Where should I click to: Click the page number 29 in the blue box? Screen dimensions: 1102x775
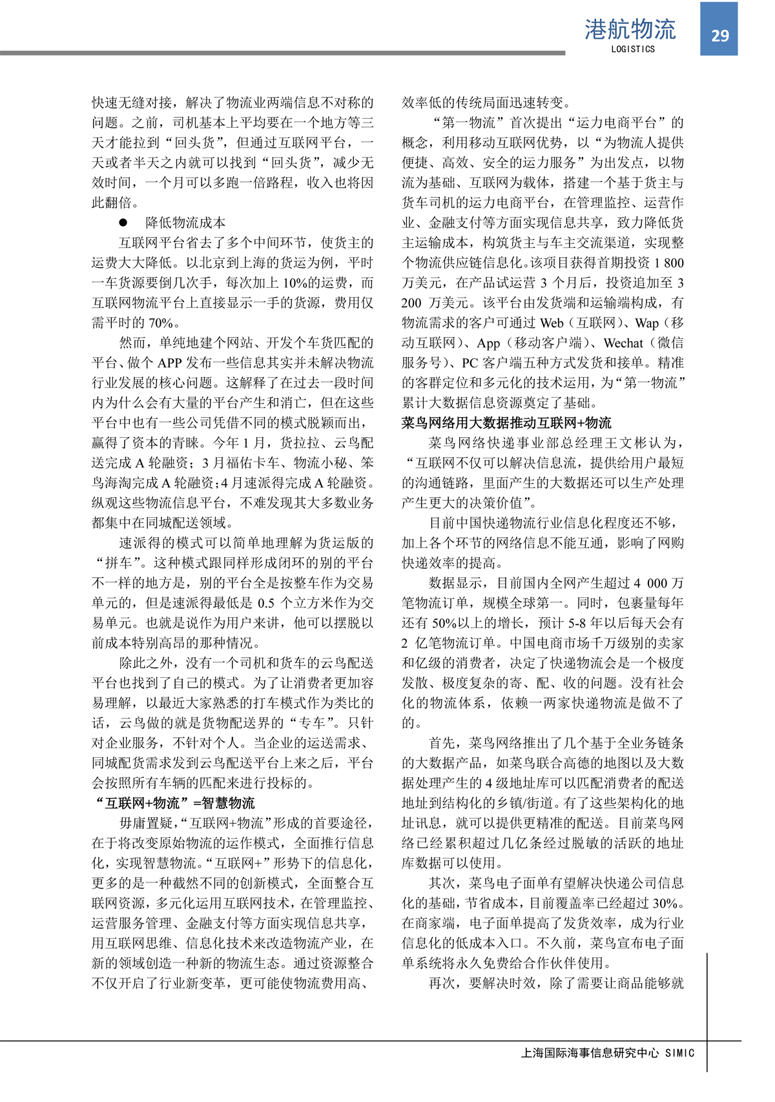tap(719, 36)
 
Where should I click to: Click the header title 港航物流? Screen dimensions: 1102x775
tap(630, 29)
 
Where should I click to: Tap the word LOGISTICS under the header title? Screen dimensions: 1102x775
tap(633, 49)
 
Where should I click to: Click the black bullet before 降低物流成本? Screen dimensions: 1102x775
tap(123, 223)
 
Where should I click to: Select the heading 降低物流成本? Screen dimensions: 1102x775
tap(185, 223)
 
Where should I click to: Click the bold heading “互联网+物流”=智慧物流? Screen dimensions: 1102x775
tap(174, 803)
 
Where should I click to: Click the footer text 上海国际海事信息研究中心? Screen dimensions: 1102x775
tap(590, 1053)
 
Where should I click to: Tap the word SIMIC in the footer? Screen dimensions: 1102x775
tap(679, 1053)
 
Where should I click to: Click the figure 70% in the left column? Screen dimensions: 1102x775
tap(161, 323)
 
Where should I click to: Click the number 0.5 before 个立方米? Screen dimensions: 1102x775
tap(265, 603)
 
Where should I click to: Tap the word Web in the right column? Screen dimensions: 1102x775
tap(552, 323)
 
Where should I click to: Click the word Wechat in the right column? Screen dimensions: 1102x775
tap(623, 343)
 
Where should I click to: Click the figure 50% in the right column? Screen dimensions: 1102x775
tap(445, 623)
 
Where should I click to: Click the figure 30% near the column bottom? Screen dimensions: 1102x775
tap(665, 903)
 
